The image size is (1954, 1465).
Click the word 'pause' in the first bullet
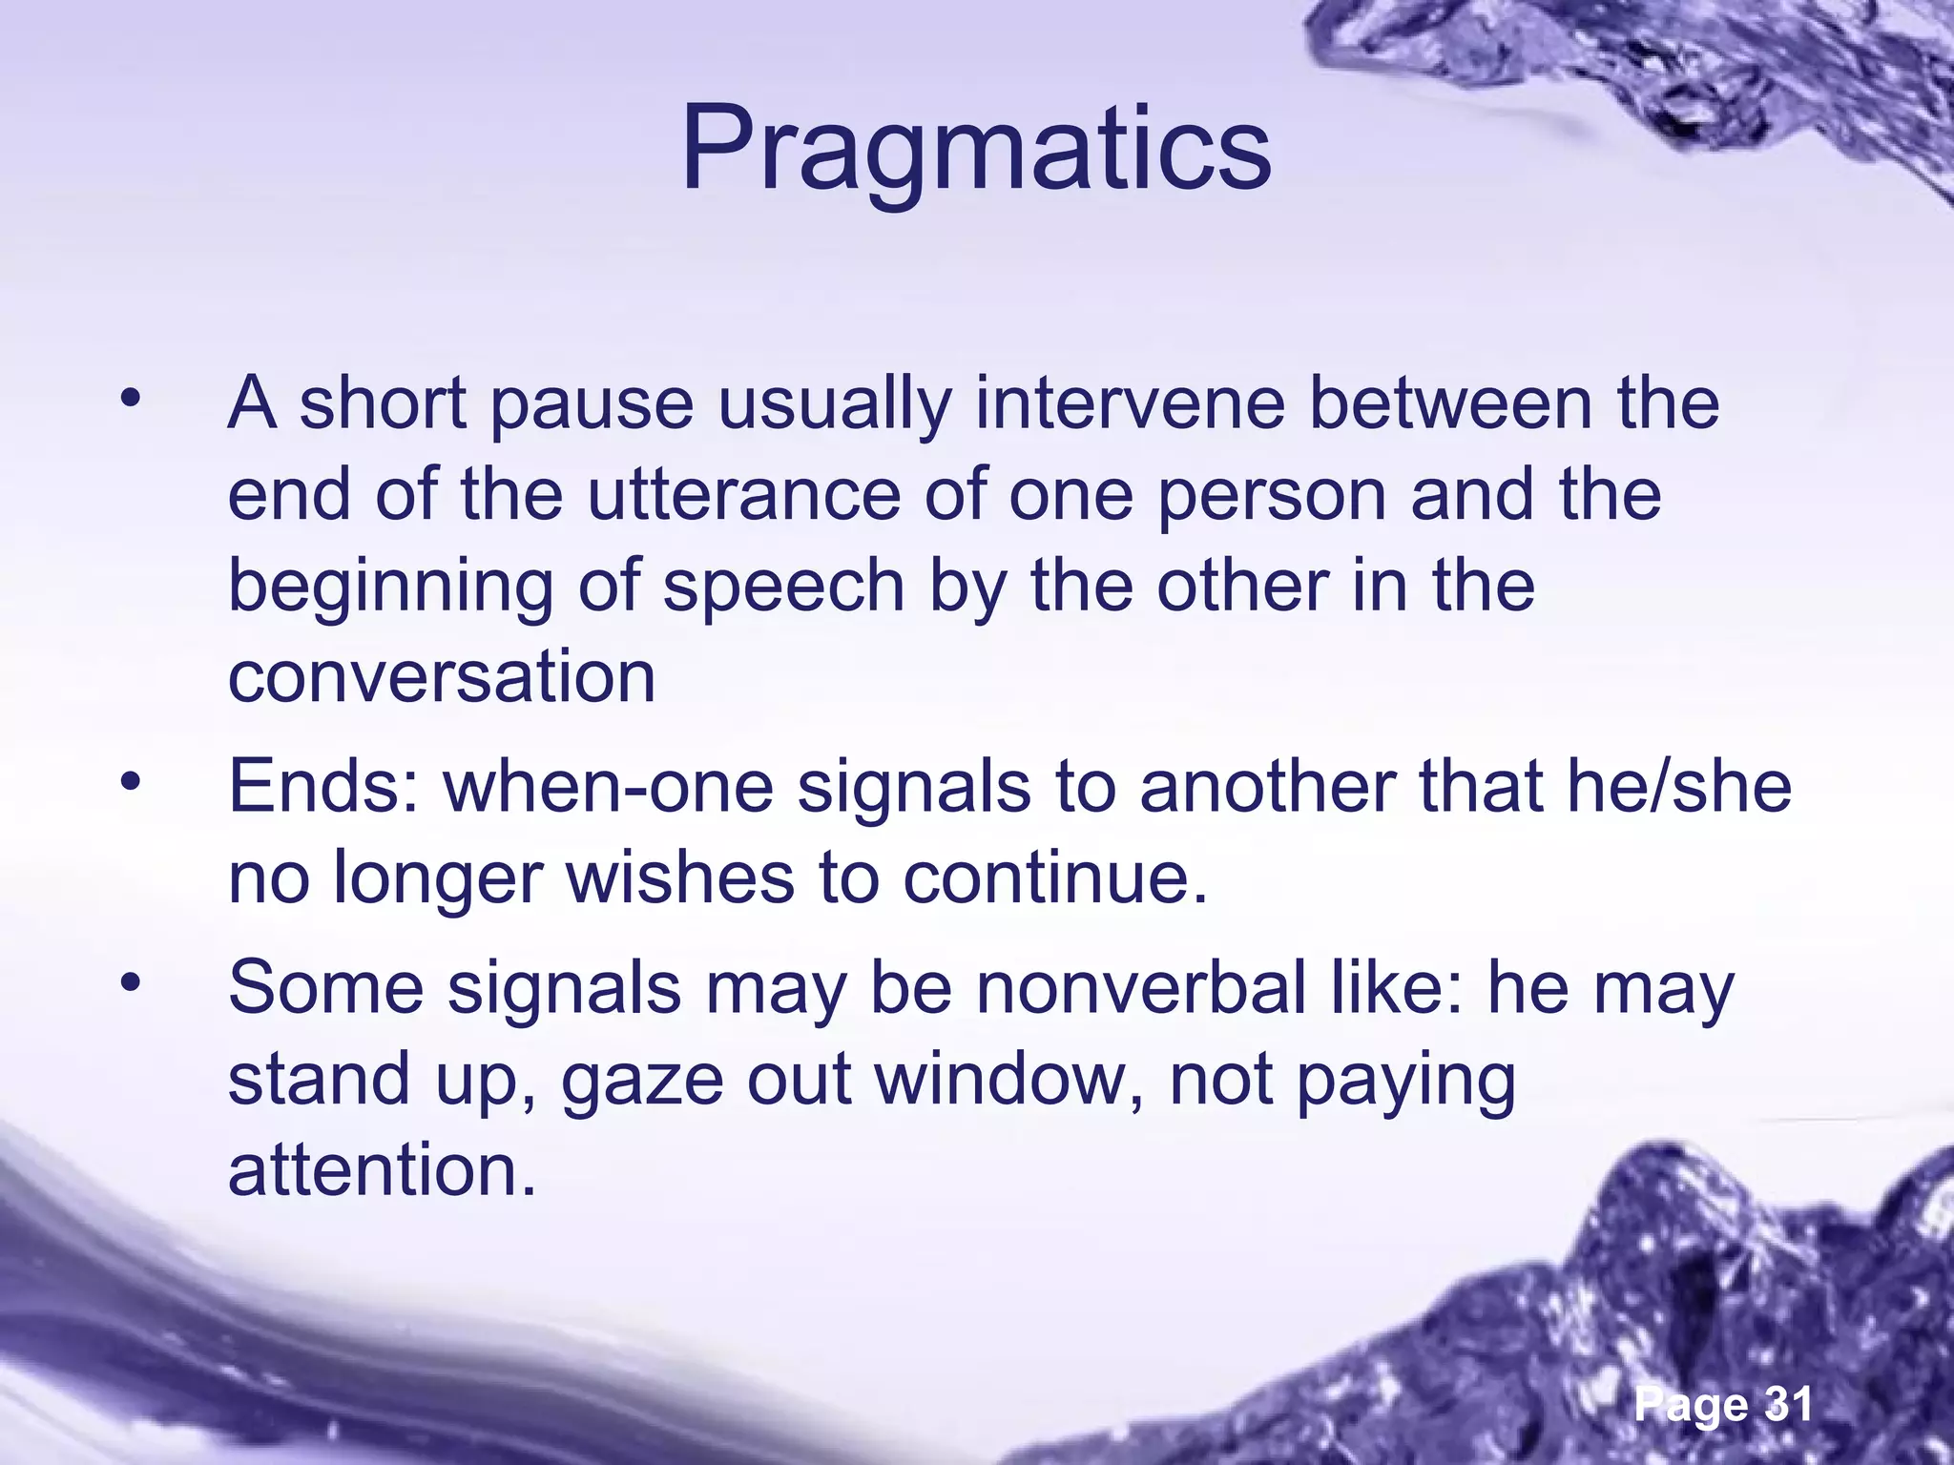[x=591, y=403]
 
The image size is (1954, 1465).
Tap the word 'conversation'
[x=442, y=676]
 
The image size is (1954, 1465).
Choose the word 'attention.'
[x=383, y=1170]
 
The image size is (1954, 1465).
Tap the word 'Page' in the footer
[x=1691, y=1404]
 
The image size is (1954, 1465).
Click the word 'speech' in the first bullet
[x=783, y=587]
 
